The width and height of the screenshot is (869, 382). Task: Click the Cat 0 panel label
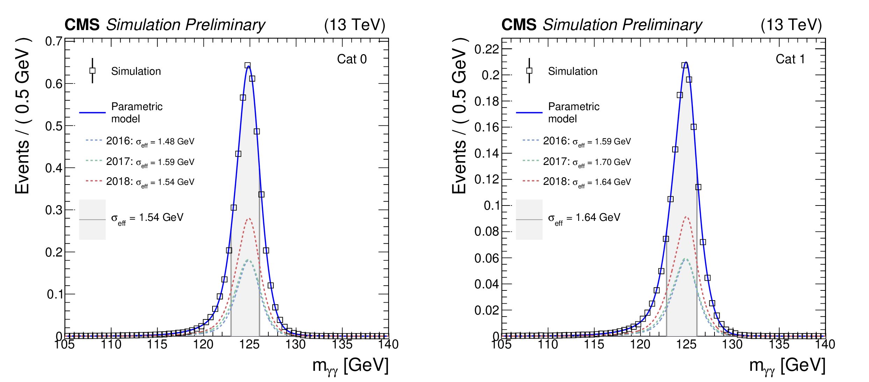coord(352,59)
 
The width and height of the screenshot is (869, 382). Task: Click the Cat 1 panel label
coord(790,59)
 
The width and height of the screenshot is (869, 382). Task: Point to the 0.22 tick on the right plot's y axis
coord(486,49)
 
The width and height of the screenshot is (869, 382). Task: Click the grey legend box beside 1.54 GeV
coord(92,219)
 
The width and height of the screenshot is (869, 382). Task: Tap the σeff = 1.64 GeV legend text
coord(584,218)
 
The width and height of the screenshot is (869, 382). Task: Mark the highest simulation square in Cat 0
coord(247,65)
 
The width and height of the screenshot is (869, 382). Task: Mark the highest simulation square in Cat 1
coord(684,65)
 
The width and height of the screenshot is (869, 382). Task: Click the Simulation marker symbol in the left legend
coord(92,71)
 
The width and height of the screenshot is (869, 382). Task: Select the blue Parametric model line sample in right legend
coord(529,113)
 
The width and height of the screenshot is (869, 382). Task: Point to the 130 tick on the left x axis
coord(296,345)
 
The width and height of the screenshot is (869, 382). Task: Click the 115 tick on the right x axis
coord(594,345)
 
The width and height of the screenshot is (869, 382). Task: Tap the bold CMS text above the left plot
coord(82,25)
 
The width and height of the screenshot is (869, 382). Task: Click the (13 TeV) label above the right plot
coord(791,25)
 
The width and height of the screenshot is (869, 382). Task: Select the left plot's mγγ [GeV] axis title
coord(350,366)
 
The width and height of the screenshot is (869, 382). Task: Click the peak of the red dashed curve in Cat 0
coord(249,219)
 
